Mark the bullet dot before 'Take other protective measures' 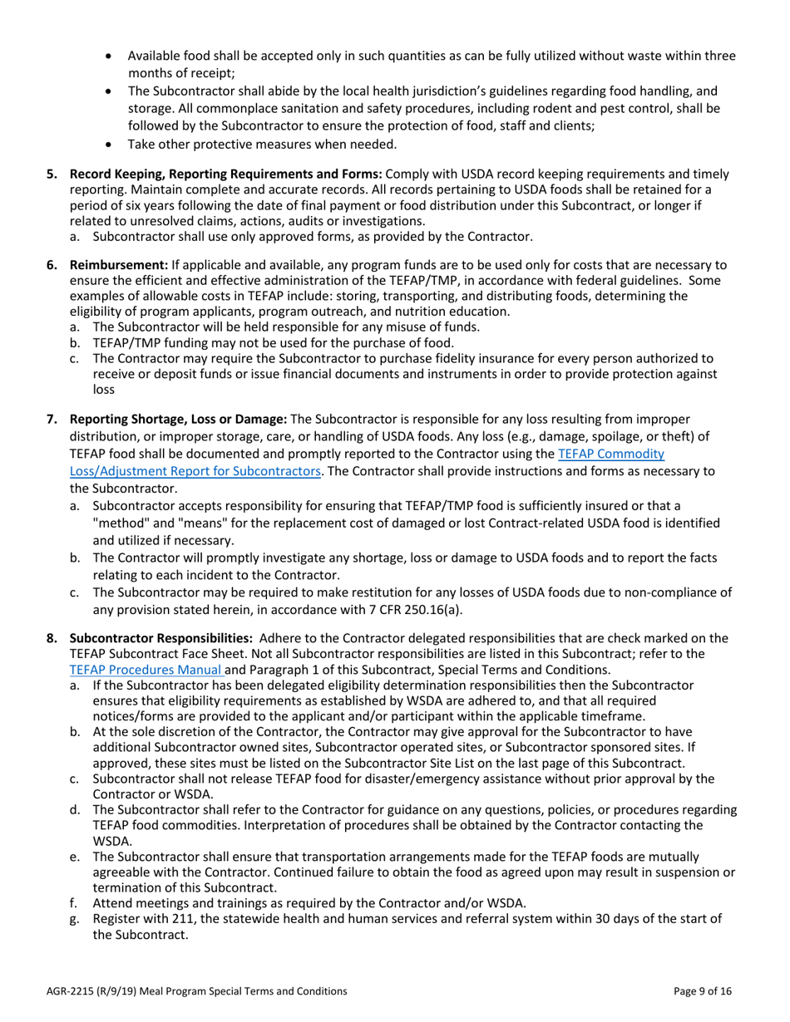point(112,145)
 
